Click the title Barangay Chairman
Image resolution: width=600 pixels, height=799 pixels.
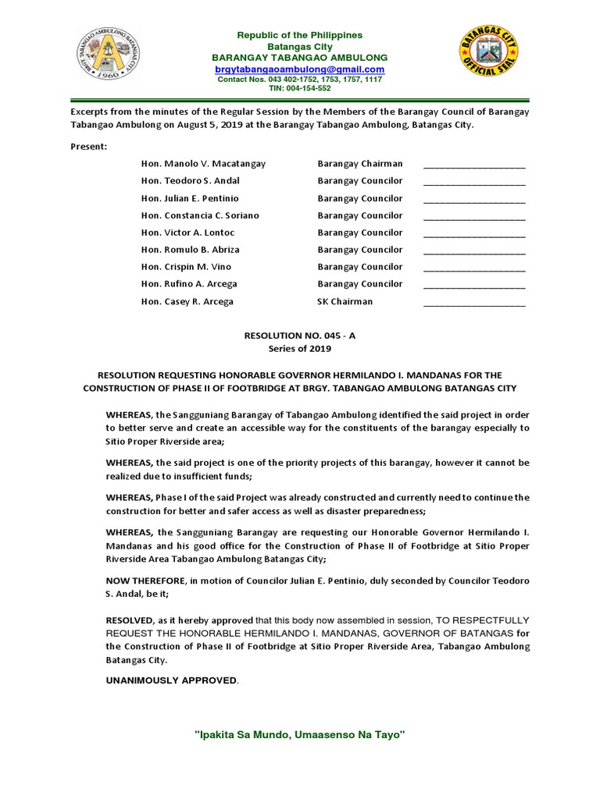pos(360,164)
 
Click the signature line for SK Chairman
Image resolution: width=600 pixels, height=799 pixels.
pos(474,303)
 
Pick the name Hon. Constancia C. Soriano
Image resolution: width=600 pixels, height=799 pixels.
pos(200,215)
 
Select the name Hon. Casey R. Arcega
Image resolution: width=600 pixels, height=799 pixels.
pos(187,301)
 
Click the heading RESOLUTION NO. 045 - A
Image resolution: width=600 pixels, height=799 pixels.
pos(300,334)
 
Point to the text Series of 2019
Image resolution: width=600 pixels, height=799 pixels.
pos(300,348)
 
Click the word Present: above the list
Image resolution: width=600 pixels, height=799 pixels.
pos(89,146)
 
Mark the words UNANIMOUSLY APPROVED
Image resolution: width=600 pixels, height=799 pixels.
pos(172,680)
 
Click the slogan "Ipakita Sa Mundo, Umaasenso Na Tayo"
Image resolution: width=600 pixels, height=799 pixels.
pos(299,735)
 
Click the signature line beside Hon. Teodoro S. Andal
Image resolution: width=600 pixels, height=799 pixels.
pos(474,181)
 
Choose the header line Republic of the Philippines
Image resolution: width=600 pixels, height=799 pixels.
pos(300,36)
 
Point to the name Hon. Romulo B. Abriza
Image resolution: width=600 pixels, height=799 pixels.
pos(190,250)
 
